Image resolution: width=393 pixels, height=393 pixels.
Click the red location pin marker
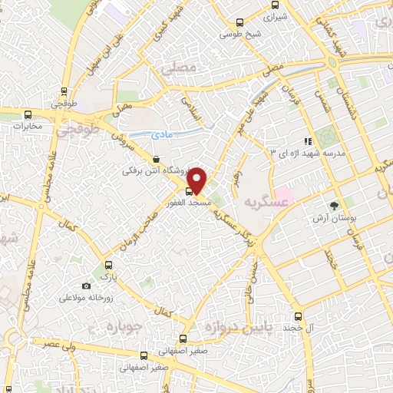coord(198,180)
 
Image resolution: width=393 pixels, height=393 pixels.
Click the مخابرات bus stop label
coord(27,126)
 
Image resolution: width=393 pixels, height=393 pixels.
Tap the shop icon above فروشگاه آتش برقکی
coord(157,159)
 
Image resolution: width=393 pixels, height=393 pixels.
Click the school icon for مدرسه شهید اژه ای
coord(308,141)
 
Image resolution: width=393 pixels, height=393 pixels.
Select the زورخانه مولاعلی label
coord(83,296)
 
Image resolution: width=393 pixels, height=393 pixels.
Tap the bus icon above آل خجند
coord(299,316)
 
